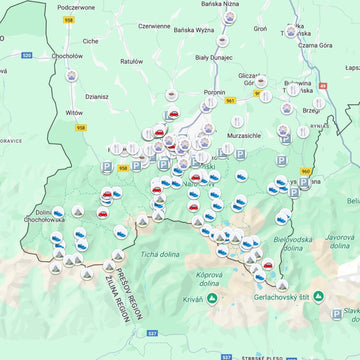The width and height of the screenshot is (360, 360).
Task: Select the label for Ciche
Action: tap(91, 41)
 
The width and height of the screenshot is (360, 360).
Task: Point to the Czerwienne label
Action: tap(154, 26)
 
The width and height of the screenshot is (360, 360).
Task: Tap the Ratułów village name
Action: tap(132, 60)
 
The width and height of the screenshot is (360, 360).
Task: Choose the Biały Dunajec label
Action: tap(215, 59)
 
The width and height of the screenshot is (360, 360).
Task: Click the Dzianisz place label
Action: tap(97, 97)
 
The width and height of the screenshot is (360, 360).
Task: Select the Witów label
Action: tap(74, 114)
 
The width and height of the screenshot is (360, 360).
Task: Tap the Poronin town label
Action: tap(214, 92)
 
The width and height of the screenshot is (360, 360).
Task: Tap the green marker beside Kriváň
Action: tap(214, 298)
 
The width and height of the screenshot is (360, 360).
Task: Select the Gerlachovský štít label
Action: tap(310, 297)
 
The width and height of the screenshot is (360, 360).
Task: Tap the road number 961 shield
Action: tap(231, 101)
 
